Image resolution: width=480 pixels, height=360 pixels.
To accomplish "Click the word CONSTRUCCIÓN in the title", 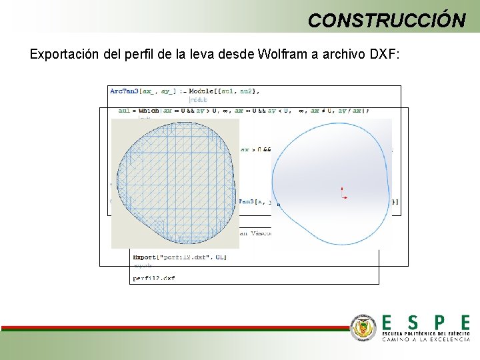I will click(387, 20).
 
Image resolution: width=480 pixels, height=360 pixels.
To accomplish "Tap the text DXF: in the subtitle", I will click(383, 54).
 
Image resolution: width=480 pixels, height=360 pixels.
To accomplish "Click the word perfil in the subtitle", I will click(138, 54).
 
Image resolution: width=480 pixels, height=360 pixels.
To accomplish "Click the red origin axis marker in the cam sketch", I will click(343, 193).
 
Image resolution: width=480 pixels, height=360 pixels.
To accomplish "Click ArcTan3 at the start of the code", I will click(123, 91).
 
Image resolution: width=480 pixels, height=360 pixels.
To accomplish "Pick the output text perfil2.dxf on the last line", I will click(154, 278).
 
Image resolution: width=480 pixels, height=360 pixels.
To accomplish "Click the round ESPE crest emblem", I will click(363, 327).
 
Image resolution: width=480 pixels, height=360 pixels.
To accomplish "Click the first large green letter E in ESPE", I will click(387, 323).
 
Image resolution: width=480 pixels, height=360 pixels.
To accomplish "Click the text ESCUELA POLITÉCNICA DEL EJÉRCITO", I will click(425, 333).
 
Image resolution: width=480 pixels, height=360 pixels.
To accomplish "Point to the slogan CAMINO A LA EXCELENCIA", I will click(425, 339).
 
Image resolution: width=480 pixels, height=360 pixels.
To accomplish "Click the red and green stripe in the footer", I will click(173, 328).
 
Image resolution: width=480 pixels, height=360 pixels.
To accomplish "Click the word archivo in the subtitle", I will click(340, 54).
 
